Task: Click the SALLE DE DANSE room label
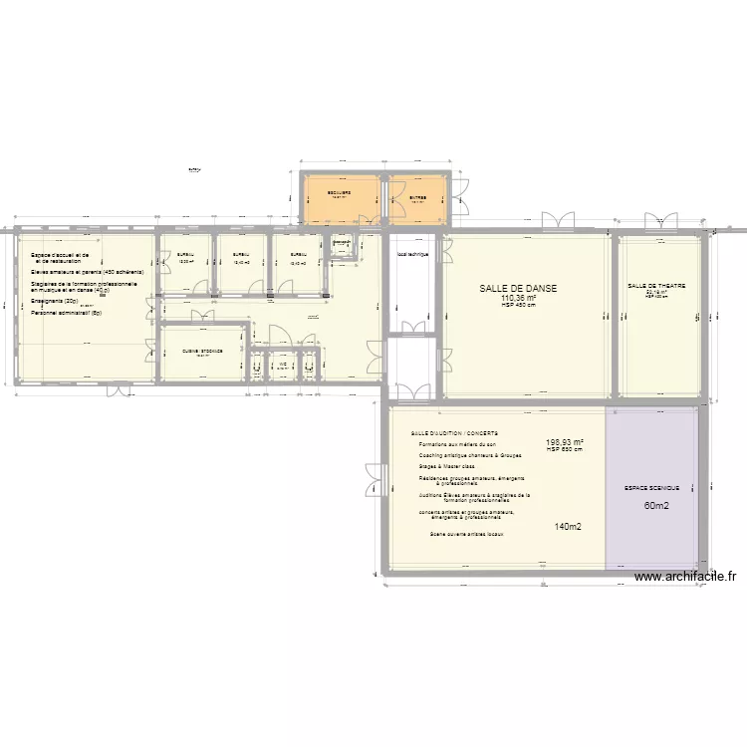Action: pos(518,288)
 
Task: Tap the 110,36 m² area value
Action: pos(519,298)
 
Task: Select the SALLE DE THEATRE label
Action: pos(656,286)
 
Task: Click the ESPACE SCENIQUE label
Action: pos(651,488)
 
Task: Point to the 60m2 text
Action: pos(656,506)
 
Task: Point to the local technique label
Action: pos(411,254)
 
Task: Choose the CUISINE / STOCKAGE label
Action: pos(202,352)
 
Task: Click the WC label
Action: pos(283,365)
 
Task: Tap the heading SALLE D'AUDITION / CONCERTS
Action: pos(454,434)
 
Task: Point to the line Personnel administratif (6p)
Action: pos(66,313)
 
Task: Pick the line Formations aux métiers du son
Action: pos(456,444)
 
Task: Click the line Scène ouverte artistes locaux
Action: pos(466,535)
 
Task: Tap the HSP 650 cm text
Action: pos(565,450)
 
